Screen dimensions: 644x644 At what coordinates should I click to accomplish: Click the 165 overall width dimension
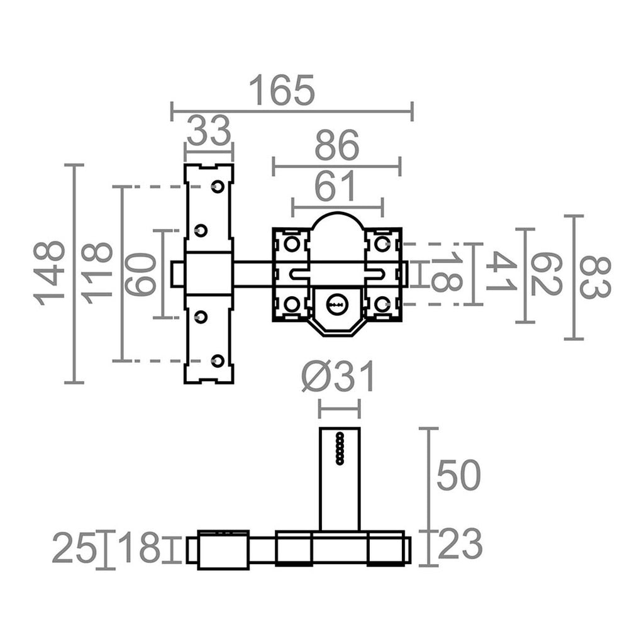(x=281, y=91)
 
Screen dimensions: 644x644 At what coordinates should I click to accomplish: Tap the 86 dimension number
(x=336, y=146)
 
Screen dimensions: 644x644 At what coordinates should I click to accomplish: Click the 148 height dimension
(x=50, y=273)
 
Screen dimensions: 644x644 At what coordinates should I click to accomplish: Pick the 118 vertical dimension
(x=98, y=273)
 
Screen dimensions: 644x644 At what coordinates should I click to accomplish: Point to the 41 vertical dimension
(x=501, y=272)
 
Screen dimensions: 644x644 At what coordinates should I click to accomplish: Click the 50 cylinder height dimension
(x=458, y=475)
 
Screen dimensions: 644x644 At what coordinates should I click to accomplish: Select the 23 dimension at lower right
(x=460, y=545)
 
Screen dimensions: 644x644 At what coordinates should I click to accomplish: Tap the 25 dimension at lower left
(x=74, y=548)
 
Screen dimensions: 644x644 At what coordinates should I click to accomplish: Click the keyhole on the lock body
(x=336, y=304)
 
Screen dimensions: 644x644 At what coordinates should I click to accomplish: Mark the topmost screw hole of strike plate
(x=218, y=187)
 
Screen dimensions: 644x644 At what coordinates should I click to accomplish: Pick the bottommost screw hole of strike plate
(x=218, y=360)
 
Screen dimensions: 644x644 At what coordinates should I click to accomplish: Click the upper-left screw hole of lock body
(x=291, y=243)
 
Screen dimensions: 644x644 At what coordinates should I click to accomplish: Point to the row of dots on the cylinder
(x=340, y=448)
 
